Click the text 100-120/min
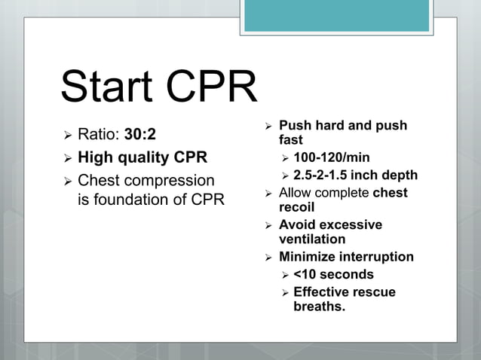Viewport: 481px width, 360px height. (331, 158)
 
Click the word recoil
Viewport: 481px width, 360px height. (296, 206)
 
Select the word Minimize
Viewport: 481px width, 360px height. (308, 257)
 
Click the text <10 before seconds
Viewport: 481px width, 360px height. (305, 274)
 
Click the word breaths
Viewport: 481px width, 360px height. (319, 306)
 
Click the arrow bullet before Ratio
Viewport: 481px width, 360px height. (67, 135)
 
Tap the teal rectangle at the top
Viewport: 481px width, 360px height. (336, 16)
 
